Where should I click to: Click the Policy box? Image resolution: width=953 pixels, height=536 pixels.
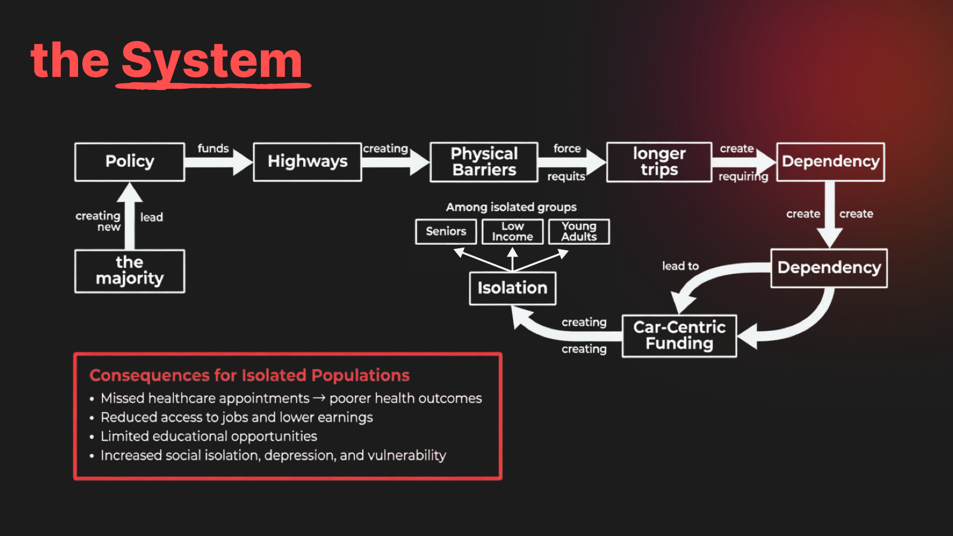click(130, 162)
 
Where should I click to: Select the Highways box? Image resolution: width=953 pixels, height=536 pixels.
click(307, 162)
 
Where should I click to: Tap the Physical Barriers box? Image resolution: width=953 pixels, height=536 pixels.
click(484, 162)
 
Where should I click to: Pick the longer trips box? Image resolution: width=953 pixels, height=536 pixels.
click(659, 162)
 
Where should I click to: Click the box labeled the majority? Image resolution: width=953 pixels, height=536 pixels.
click(130, 271)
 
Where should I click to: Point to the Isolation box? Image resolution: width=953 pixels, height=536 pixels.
click(513, 288)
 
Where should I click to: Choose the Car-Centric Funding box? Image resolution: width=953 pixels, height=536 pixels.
click(680, 336)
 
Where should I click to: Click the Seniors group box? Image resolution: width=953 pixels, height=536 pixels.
click(446, 232)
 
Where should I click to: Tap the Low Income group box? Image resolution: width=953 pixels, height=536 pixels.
click(513, 232)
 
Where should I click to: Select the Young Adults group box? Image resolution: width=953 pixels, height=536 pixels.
click(579, 232)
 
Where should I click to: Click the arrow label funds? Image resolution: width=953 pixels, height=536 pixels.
click(213, 148)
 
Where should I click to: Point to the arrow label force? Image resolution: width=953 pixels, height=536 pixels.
click(567, 148)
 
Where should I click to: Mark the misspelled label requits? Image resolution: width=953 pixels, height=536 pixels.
click(566, 176)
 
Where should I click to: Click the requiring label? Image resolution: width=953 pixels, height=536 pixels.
click(743, 176)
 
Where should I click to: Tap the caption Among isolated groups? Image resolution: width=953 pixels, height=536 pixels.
click(511, 207)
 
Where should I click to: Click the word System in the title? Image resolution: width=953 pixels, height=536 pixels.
click(211, 61)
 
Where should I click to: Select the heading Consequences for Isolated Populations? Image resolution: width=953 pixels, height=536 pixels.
click(250, 375)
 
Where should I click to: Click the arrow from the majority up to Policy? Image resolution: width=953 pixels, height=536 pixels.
click(130, 216)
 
